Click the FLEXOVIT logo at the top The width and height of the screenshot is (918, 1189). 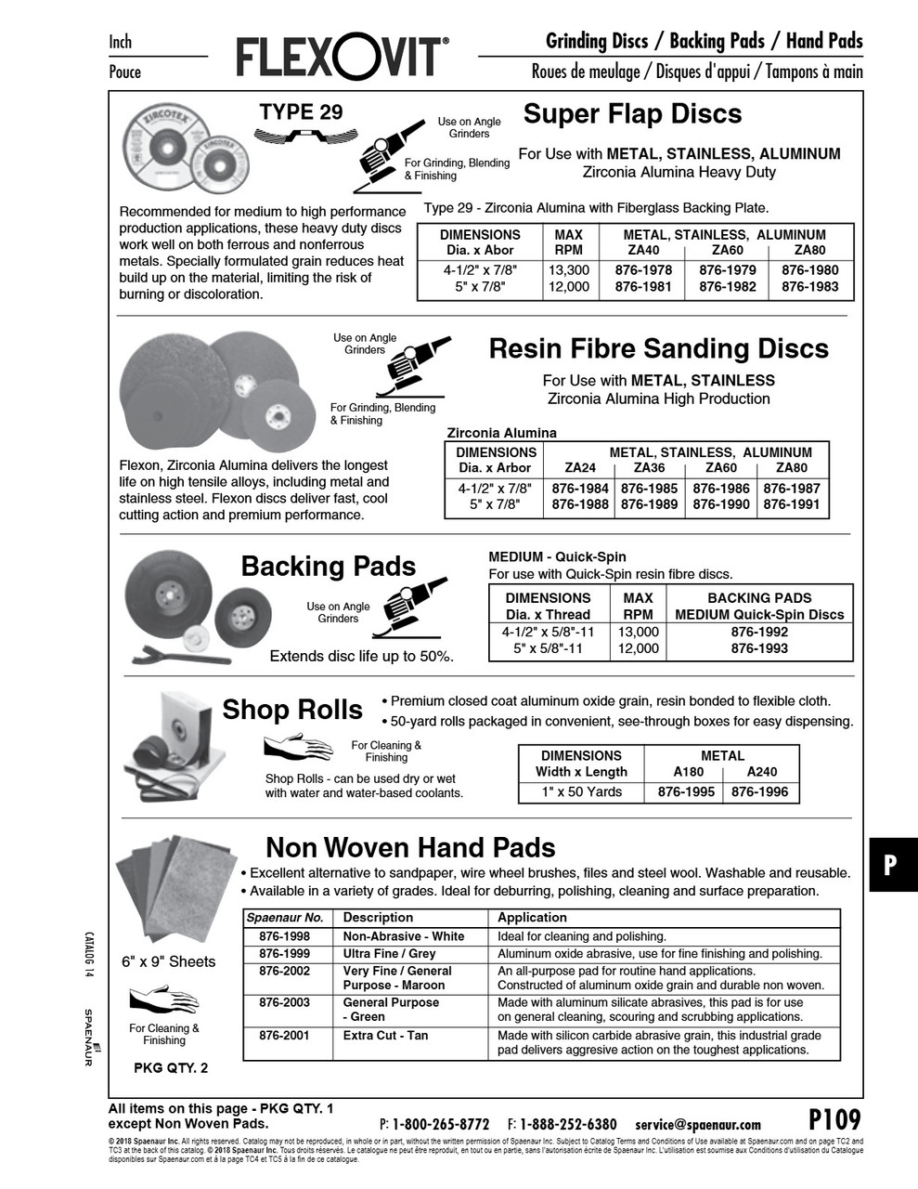[343, 58]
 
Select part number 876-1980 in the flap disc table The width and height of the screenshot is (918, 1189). [809, 270]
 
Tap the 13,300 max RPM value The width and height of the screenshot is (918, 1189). [569, 270]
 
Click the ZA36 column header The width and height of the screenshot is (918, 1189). [649, 468]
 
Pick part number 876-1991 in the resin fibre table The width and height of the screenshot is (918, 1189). [792, 504]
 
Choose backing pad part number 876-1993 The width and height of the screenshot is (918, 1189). [759, 648]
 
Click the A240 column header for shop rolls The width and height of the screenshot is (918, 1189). [760, 772]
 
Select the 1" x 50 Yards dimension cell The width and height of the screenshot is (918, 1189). [581, 792]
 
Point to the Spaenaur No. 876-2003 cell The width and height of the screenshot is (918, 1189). [284, 1003]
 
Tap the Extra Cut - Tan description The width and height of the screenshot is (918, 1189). [385, 1036]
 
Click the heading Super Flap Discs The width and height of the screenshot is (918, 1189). [632, 114]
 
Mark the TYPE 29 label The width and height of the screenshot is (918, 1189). [301, 112]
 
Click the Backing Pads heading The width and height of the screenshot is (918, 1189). [329, 567]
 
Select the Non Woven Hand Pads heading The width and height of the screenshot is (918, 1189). [410, 847]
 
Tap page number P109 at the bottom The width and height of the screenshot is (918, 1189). [834, 1119]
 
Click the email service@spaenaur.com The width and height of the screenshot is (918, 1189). [698, 1125]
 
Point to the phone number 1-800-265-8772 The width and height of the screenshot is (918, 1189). [441, 1125]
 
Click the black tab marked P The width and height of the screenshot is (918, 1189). [890, 865]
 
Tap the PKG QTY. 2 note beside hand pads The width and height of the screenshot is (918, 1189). [171, 1068]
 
